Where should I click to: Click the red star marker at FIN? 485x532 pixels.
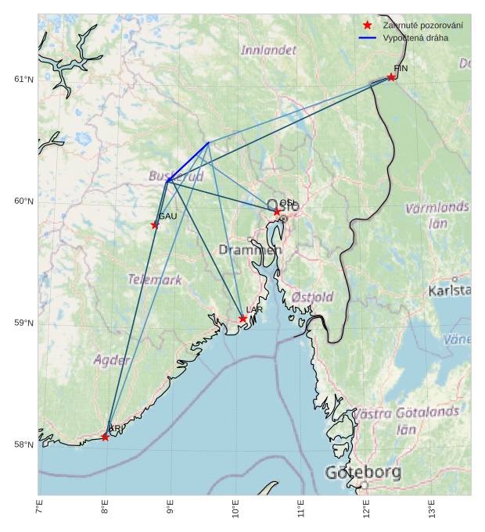point(391,77)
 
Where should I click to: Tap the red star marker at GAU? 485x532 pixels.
point(155,225)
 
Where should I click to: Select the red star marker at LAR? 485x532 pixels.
point(243,319)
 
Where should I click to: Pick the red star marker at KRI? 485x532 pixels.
point(106,437)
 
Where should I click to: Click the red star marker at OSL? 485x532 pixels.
point(277,212)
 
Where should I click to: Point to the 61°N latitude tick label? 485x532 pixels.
point(24,80)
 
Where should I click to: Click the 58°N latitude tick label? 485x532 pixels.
point(24,445)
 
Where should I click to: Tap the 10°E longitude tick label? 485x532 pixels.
point(235,509)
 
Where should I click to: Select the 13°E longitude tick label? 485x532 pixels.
point(432,509)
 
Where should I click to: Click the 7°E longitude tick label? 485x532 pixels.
point(39,509)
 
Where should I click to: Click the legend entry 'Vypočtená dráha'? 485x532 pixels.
point(415,37)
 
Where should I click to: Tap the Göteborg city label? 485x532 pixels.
point(363,473)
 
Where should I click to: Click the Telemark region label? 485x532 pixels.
point(155,279)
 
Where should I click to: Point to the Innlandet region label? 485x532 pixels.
point(268,50)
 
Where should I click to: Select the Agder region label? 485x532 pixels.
point(112,360)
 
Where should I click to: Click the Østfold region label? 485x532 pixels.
point(312,297)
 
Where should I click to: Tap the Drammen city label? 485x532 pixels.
point(250,250)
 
